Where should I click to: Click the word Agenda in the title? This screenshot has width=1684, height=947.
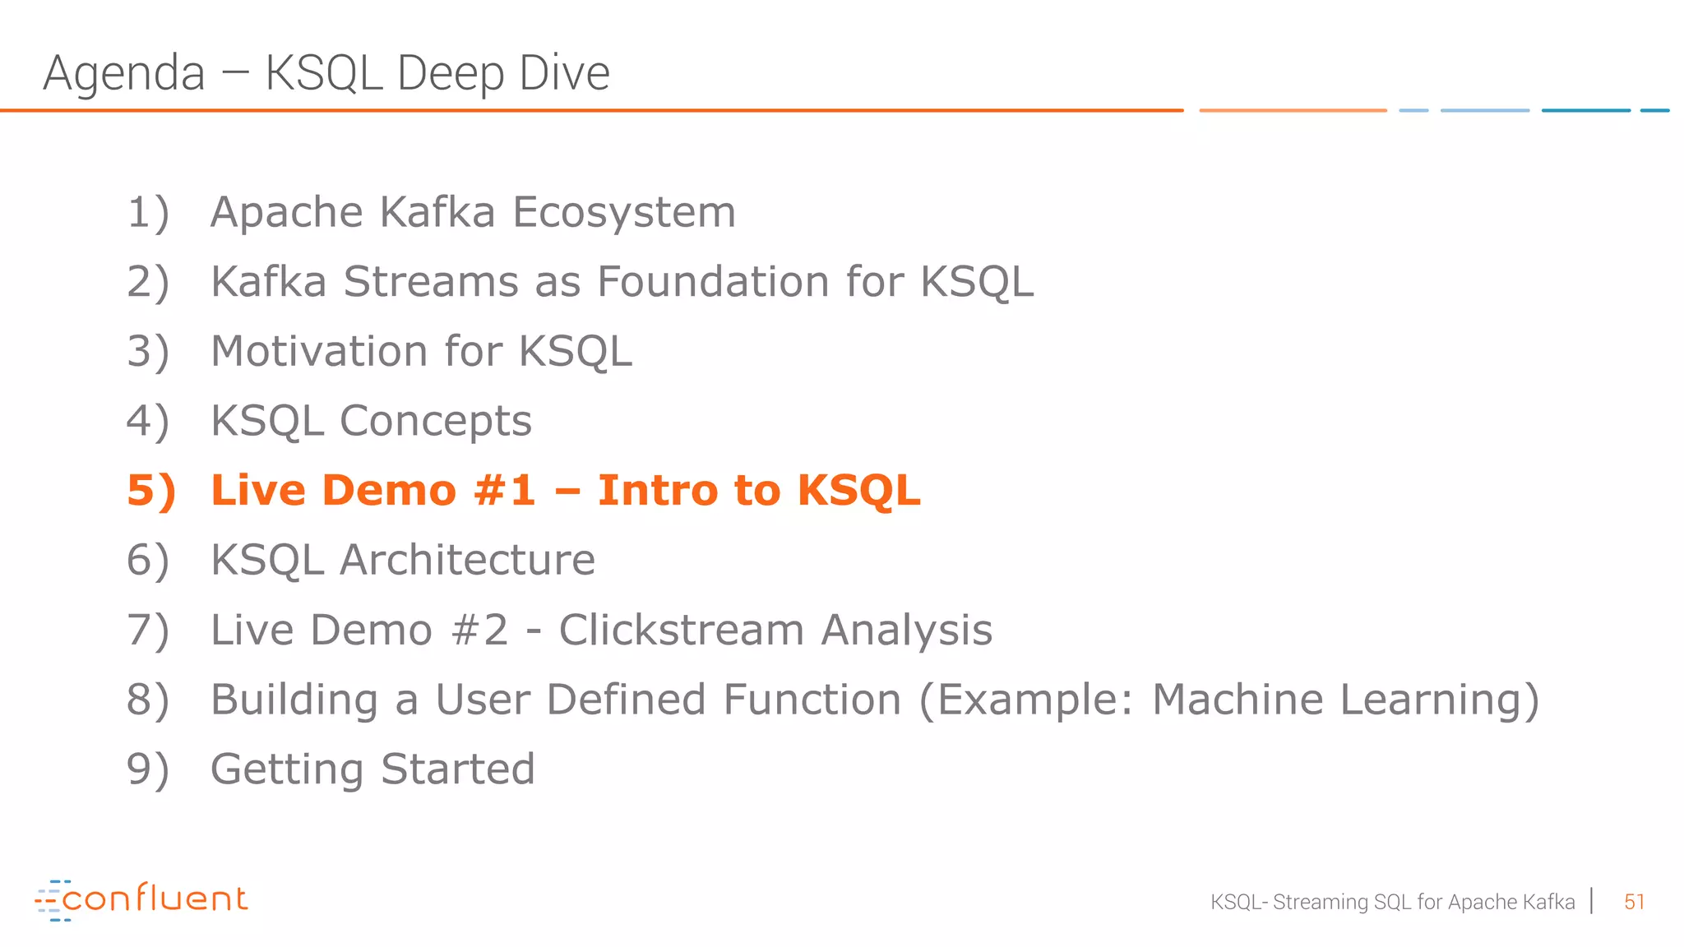[x=123, y=73]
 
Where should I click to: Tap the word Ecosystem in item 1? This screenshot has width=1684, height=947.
[x=624, y=213]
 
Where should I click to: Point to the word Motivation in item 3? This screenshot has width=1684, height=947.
[x=319, y=352]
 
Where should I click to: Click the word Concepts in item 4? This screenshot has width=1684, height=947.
[x=436, y=422]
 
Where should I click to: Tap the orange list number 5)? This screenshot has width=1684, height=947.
[x=151, y=491]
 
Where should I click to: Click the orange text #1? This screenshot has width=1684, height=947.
[x=504, y=491]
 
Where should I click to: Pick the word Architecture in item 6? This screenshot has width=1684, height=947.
[x=467, y=561]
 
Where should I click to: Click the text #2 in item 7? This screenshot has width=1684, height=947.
[x=480, y=631]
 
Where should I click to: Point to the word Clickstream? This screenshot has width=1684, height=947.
[x=682, y=631]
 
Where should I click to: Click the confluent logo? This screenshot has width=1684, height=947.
[x=141, y=899]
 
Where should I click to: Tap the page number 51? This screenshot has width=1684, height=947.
[x=1634, y=903]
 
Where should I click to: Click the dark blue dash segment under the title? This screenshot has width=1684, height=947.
[x=1585, y=110]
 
